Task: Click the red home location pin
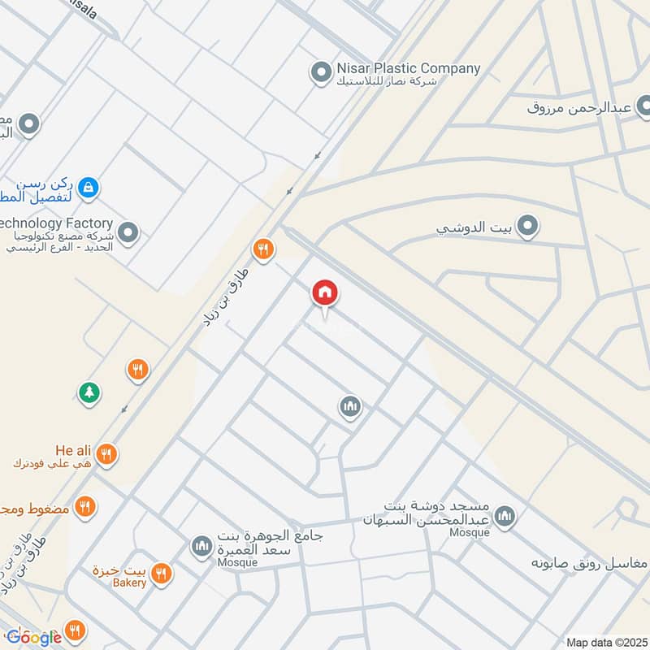pos(325,293)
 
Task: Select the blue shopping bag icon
pos(89,188)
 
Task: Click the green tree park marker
pos(88,393)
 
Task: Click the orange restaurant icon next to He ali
pos(106,455)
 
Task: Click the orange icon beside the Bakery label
pos(162,574)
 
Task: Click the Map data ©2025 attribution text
pos(604,642)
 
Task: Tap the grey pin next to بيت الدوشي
pos(528,227)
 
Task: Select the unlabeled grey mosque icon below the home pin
pos(350,406)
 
